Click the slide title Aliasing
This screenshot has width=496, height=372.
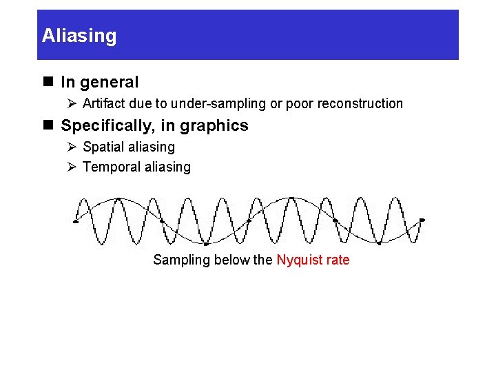click(79, 36)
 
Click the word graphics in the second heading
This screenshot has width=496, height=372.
click(218, 126)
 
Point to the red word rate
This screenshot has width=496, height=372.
click(338, 260)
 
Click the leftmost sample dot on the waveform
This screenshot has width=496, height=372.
click(75, 221)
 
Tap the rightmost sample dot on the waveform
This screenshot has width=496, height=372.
click(422, 220)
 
